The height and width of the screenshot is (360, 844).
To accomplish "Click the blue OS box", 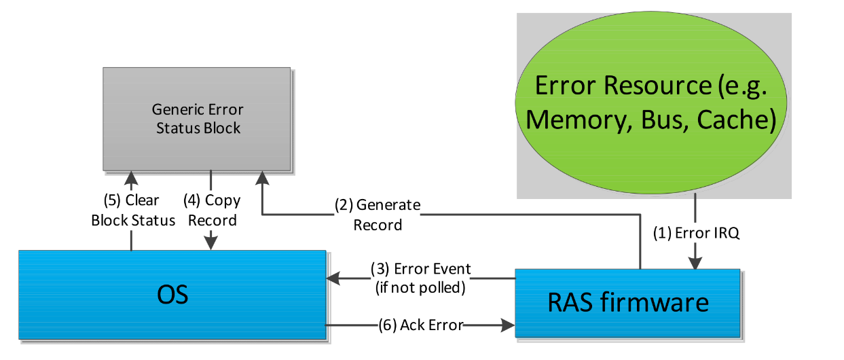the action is coord(172,295).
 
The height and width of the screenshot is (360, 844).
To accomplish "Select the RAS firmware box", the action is coord(627,303).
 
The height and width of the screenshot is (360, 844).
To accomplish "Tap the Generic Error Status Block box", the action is coord(197,119).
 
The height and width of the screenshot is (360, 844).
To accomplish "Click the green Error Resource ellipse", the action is coord(650,103).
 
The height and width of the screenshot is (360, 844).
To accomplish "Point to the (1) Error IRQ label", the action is coord(696,233).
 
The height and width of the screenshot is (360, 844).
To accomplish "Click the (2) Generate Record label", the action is coord(378,215).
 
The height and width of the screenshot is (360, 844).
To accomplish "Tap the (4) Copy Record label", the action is coord(212,211).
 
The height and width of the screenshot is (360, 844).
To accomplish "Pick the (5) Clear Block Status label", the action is coord(133,211).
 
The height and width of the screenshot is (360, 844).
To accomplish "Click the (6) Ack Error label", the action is coord(421,325).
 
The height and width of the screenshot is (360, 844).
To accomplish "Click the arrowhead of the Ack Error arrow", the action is coord(508,325).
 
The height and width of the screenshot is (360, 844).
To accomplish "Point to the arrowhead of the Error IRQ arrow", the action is coord(695,263).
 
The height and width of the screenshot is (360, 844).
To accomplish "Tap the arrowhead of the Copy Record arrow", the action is coord(211,243).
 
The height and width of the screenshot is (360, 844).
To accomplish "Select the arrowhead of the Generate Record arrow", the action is coord(262,178).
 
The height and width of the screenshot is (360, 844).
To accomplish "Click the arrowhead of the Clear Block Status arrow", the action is coord(131,178).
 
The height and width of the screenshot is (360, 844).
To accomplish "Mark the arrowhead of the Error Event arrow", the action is coord(333,278).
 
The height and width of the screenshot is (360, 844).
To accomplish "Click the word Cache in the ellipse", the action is coord(737,120).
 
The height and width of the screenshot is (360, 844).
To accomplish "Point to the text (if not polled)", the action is coord(420,287).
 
